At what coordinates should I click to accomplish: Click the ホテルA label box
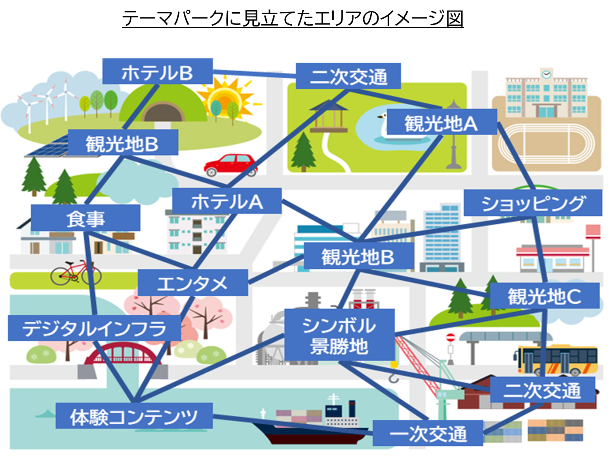pyautogui.click(x=227, y=201)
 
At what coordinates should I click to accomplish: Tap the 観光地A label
pyautogui.click(x=441, y=122)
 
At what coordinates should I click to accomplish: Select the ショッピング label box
pyautogui.click(x=533, y=203)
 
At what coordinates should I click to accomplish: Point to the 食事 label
pyautogui.click(x=86, y=218)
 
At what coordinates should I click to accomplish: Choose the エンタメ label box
pyautogui.click(x=193, y=283)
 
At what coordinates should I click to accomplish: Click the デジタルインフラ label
pyautogui.click(x=94, y=328)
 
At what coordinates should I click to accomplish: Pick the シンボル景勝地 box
pyautogui.click(x=339, y=335)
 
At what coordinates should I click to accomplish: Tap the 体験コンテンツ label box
pyautogui.click(x=134, y=416)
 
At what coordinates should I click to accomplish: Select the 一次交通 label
pyautogui.click(x=428, y=433)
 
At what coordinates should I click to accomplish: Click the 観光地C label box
pyautogui.click(x=544, y=296)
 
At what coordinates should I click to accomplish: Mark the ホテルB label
pyautogui.click(x=157, y=72)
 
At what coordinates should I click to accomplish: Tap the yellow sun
pyautogui.click(x=226, y=97)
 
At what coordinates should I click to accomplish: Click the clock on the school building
pyautogui.click(x=546, y=74)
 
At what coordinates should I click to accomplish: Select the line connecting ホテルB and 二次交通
pyautogui.click(x=254, y=74)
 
